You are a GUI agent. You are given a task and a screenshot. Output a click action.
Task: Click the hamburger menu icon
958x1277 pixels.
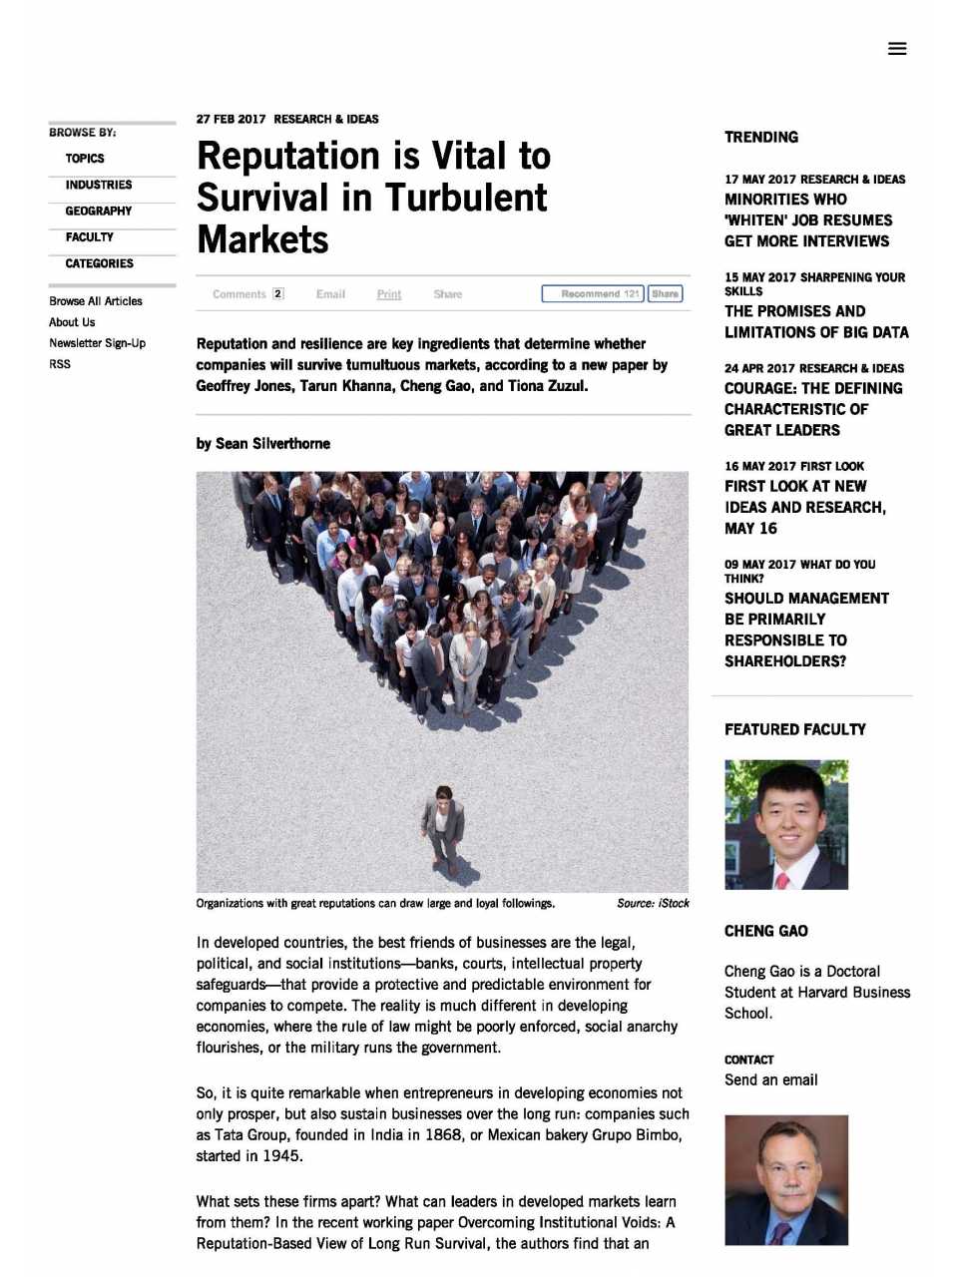(x=897, y=48)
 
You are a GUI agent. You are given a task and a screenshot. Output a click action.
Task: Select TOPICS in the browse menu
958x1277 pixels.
(x=85, y=159)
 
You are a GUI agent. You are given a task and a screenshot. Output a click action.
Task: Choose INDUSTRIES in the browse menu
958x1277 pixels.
(x=99, y=185)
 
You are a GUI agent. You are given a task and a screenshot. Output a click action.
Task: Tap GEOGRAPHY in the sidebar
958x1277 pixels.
(x=99, y=212)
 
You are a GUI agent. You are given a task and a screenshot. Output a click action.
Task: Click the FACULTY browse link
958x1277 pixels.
(x=90, y=237)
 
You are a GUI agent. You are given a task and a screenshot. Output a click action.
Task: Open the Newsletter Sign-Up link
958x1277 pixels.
(x=97, y=343)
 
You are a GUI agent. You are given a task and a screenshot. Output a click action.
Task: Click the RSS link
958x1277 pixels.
(x=60, y=364)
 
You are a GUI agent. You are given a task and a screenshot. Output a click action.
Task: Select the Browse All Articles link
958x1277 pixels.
(x=96, y=301)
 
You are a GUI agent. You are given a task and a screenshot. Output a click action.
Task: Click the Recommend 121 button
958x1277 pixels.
(x=593, y=294)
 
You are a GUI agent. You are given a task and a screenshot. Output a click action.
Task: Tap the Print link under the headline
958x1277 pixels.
(x=389, y=294)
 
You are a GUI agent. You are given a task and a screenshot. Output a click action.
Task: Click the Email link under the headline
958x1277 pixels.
(x=330, y=294)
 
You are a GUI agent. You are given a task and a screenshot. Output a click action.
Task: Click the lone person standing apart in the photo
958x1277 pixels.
(x=441, y=823)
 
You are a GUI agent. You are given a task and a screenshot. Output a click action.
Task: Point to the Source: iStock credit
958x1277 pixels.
(x=653, y=904)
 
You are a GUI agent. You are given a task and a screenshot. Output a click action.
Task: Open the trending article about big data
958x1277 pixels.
(x=816, y=321)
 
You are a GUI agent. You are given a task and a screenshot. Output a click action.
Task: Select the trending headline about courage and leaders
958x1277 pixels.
(x=813, y=409)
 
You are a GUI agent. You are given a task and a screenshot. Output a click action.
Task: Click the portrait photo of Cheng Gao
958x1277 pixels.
(x=786, y=824)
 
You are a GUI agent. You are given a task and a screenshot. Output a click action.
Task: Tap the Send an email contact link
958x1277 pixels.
(x=770, y=1079)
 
